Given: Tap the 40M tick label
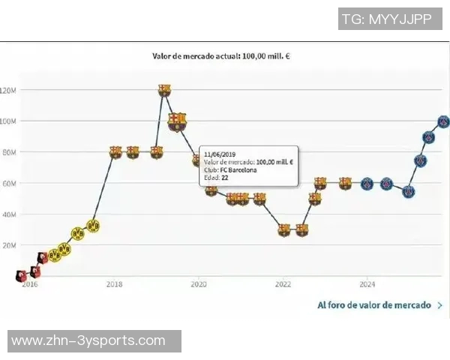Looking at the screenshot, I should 8,214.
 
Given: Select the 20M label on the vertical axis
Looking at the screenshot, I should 8,245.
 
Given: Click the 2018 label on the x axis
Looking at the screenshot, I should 114,284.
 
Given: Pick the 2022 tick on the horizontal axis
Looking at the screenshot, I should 283,284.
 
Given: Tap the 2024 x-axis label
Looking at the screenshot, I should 367,284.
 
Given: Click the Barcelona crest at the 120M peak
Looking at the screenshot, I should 165,90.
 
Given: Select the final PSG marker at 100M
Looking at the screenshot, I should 444,121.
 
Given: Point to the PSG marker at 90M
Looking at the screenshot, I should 428,137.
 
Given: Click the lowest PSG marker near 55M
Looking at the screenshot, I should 409,192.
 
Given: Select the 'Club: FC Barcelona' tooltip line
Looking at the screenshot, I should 230,170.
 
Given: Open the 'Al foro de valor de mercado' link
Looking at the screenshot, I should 373,305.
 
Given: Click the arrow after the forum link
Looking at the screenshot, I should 439,305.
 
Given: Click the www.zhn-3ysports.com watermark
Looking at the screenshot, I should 88,341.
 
